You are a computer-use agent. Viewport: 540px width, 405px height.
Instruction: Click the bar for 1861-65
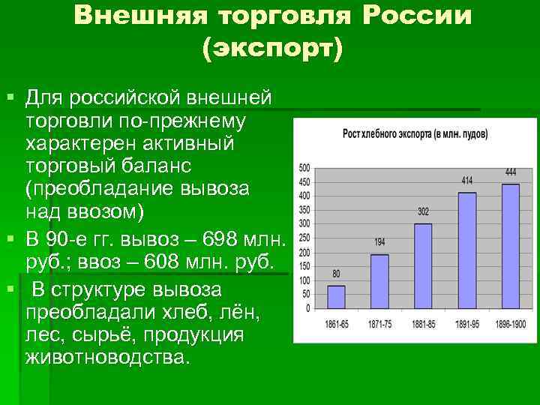pos(336,297)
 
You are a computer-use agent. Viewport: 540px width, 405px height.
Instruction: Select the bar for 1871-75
pos(379,281)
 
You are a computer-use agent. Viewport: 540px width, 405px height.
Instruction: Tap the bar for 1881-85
pos(423,265)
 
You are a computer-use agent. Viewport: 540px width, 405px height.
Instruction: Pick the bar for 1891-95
pos(466,250)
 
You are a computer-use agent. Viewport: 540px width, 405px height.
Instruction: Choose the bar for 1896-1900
pos(510,246)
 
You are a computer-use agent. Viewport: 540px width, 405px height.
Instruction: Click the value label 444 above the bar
pos(510,172)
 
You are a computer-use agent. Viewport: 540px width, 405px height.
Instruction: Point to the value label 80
pos(336,274)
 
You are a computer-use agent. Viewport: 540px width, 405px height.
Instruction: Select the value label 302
pos(423,211)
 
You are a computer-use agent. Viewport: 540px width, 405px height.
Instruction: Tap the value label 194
pos(379,242)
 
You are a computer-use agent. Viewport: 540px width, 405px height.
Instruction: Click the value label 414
pos(466,181)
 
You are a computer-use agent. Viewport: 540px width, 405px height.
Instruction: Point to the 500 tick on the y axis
pos(304,167)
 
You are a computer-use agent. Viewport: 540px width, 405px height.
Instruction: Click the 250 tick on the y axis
pos(304,238)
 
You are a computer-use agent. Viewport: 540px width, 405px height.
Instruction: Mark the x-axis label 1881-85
pos(423,325)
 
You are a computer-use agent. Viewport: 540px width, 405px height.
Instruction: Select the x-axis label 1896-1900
pos(510,325)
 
